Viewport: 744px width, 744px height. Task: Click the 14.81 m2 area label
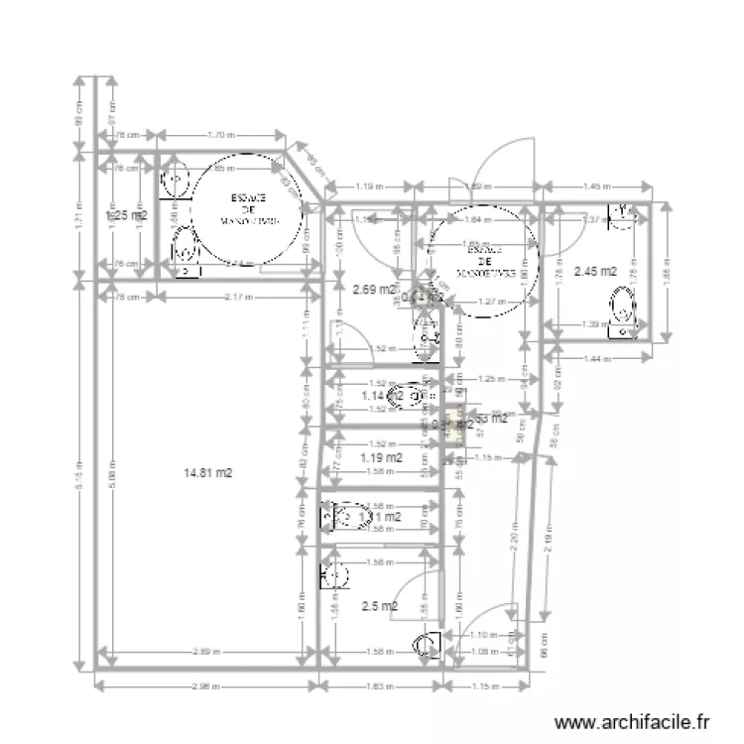click(207, 474)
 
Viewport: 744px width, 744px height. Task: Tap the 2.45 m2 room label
click(595, 271)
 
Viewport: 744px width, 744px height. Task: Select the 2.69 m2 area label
click(373, 291)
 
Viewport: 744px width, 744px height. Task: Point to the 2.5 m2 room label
click(379, 606)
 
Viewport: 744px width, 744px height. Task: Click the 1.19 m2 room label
click(382, 458)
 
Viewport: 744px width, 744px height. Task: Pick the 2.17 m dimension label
click(238, 297)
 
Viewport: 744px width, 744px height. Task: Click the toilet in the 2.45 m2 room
click(623, 310)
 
